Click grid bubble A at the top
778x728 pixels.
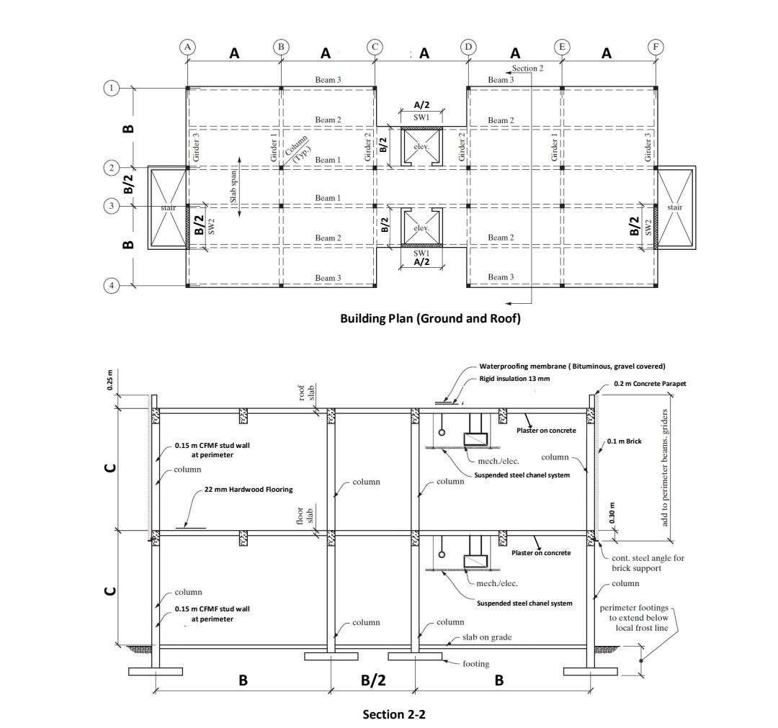(187, 47)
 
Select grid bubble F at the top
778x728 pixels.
(656, 47)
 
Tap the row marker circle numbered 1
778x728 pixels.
(111, 88)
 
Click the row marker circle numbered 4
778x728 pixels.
(111, 285)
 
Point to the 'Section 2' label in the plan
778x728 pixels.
(527, 68)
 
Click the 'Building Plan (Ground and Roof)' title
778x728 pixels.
(430, 319)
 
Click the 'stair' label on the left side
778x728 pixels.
(169, 207)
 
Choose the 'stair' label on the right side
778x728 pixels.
(674, 207)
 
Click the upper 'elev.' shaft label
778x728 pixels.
(421, 148)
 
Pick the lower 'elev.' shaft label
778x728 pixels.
(421, 228)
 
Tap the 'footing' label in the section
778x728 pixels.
(475, 663)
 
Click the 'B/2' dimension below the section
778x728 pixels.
(373, 680)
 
